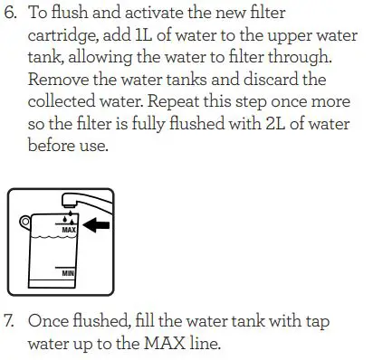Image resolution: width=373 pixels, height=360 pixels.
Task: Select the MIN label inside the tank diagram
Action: click(67, 270)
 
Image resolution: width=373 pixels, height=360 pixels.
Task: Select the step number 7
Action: click(13, 321)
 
